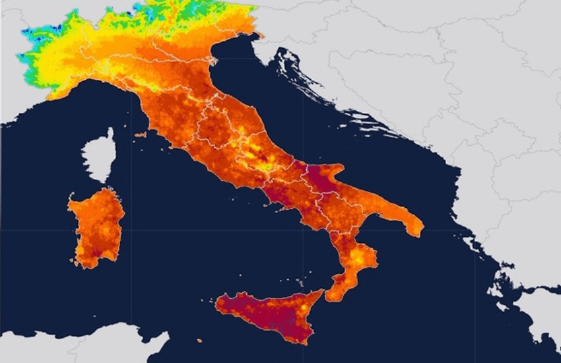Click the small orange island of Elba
tap(140, 135)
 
